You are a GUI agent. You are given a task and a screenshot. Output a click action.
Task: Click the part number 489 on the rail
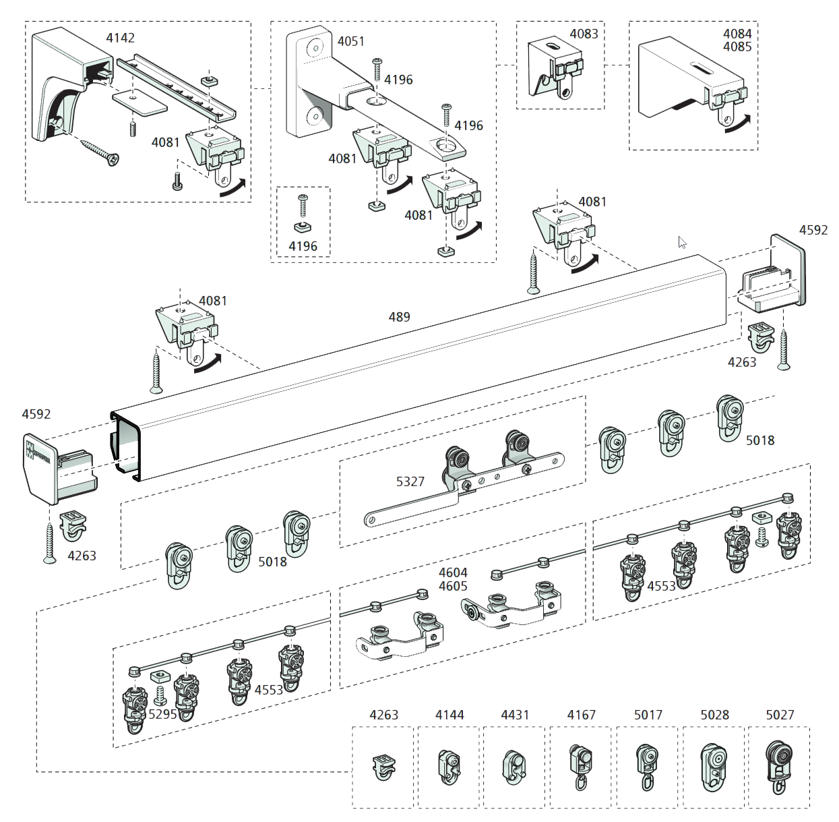(399, 317)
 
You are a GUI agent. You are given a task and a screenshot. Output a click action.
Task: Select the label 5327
(410, 481)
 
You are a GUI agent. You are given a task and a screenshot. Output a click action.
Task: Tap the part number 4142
(120, 38)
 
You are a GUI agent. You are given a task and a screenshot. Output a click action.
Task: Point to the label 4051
(350, 42)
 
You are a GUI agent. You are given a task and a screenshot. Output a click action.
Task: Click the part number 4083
(584, 34)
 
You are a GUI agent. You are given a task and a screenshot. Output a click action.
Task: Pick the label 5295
(162, 714)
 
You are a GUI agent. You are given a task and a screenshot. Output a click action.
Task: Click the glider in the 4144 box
(449, 767)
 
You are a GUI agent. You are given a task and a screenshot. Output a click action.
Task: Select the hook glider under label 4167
(580, 766)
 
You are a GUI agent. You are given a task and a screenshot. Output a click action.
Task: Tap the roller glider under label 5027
(778, 767)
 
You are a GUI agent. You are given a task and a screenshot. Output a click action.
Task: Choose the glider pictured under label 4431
(514, 767)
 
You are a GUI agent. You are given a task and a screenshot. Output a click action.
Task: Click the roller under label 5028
(714, 767)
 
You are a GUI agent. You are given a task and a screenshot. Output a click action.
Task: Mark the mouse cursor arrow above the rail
(682, 243)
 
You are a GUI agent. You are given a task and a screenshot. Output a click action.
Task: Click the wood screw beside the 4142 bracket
(100, 151)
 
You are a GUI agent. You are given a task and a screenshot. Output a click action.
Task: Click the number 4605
(453, 586)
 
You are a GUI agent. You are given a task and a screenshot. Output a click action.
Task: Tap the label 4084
(737, 34)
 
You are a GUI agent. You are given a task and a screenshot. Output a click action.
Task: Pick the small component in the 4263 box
(383, 767)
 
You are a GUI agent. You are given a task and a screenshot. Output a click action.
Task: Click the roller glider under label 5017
(647, 767)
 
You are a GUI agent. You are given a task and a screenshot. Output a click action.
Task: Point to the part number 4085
(737, 47)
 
